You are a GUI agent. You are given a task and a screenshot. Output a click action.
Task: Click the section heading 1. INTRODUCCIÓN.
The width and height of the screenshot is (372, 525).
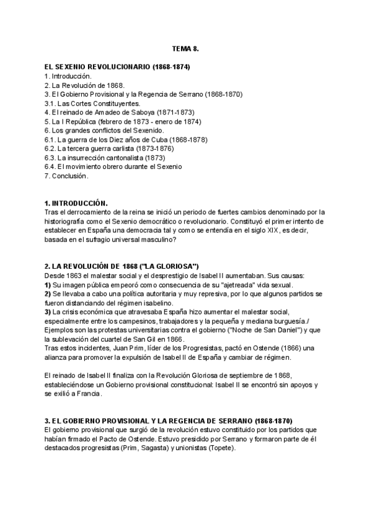pyautogui.click(x=76, y=203)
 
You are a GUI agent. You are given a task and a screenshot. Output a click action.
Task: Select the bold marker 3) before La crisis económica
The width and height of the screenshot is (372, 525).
pyautogui.click(x=48, y=312)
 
